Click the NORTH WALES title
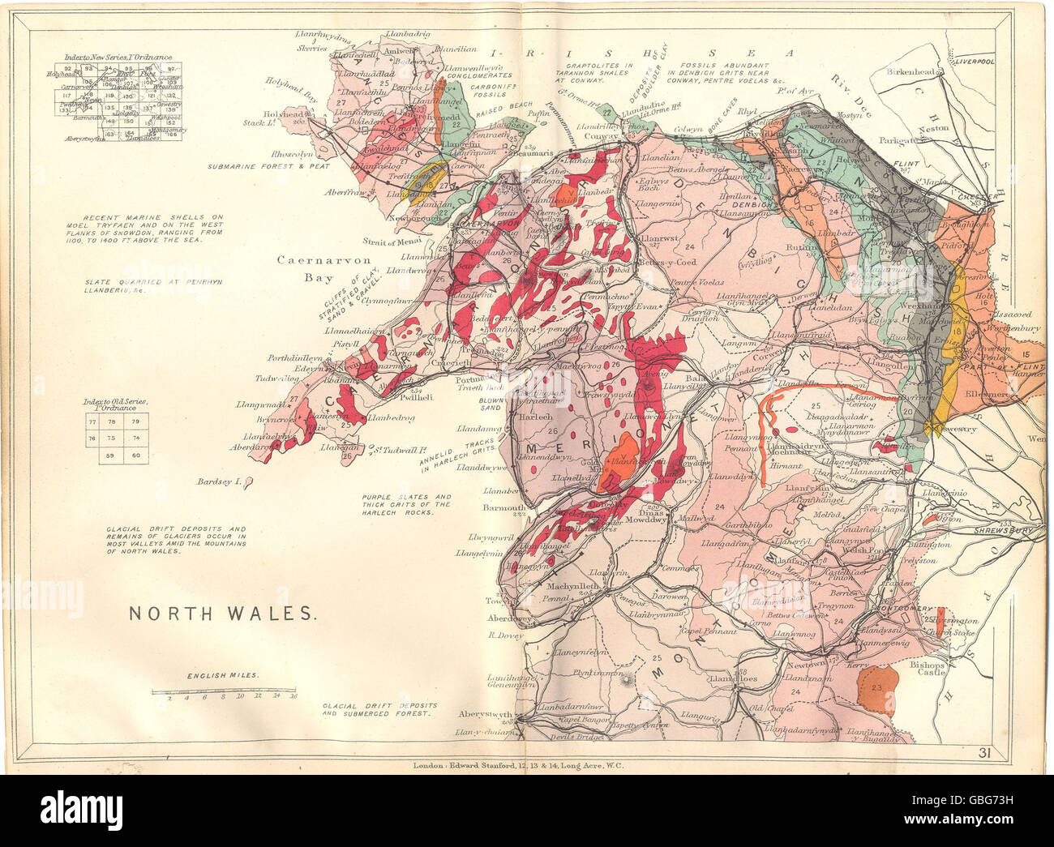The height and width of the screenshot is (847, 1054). click(x=222, y=614)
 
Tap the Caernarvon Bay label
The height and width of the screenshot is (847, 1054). click(x=311, y=267)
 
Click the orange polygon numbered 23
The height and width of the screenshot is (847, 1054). click(x=876, y=687)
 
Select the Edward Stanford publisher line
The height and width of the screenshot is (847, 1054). click(x=516, y=764)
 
